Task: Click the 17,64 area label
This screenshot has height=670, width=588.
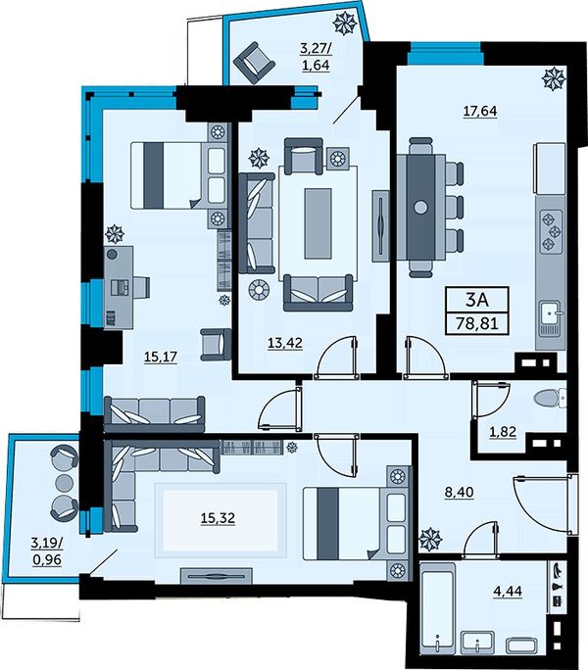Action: [x=480, y=111]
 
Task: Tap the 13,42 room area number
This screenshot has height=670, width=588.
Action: [x=285, y=343]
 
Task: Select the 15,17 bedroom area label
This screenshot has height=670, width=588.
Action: [x=161, y=357]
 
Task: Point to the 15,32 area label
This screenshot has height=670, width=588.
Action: [x=218, y=518]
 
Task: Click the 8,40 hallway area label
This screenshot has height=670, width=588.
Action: [x=460, y=493]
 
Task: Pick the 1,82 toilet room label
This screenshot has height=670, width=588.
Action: [x=503, y=432]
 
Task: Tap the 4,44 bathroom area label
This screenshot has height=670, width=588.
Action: [x=508, y=592]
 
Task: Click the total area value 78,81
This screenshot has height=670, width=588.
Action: [x=477, y=323]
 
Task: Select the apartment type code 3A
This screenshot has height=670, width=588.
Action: [x=477, y=300]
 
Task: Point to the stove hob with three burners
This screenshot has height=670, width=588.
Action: [x=551, y=232]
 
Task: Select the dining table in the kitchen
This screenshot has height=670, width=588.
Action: [x=421, y=208]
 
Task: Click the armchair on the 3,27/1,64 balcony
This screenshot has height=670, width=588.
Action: [x=254, y=63]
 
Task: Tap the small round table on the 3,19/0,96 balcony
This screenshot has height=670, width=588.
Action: [x=65, y=482]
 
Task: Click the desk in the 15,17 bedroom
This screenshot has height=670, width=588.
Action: [x=118, y=287]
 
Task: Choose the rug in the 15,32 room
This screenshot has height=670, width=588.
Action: [x=220, y=520]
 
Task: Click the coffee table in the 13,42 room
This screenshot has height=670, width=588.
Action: [x=318, y=223]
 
